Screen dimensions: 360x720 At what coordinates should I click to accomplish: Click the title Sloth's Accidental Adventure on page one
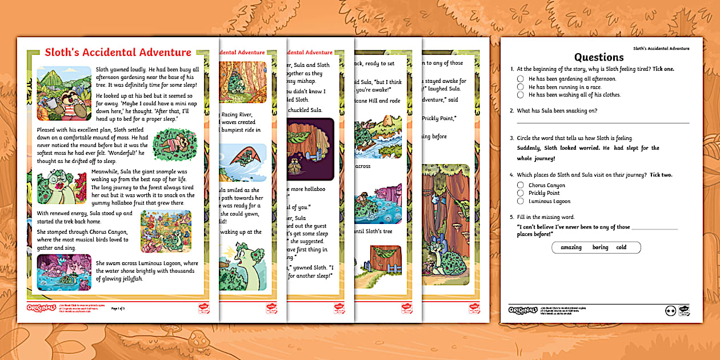(118, 53)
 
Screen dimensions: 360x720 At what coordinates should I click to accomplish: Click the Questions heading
(598, 57)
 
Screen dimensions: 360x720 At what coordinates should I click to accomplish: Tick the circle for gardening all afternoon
(520, 79)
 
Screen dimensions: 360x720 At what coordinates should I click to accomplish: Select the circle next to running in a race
(520, 87)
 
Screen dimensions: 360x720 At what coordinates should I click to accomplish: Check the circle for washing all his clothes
(520, 95)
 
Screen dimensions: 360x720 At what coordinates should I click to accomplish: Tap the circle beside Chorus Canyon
(520, 185)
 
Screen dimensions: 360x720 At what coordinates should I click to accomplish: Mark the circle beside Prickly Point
(520, 193)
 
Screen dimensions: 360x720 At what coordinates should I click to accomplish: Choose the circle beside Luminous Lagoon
(520, 201)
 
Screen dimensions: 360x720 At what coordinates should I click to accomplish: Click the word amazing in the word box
(571, 247)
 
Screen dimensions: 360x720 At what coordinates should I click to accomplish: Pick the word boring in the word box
(600, 247)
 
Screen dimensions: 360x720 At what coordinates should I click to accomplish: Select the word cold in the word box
(621, 247)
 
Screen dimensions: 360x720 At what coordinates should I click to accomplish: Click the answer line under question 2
(602, 122)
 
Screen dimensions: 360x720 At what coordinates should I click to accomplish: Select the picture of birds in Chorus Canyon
(166, 231)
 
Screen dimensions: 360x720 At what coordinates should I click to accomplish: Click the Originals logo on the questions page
(518, 310)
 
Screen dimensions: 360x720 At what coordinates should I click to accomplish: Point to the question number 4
(512, 175)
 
